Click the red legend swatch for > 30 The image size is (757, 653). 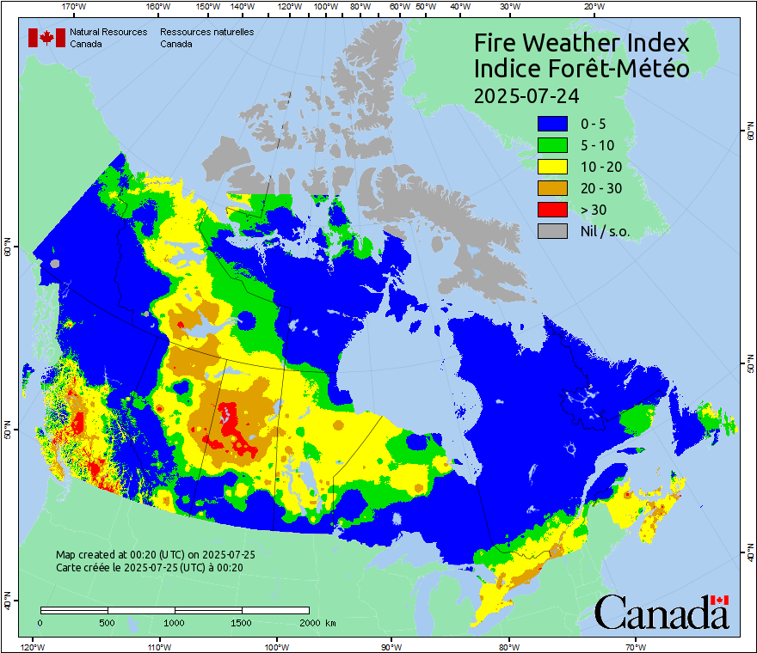[x=552, y=209]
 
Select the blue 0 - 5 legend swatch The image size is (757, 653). [x=552, y=123]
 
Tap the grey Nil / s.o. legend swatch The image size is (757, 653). [x=552, y=230]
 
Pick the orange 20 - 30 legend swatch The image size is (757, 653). [x=552, y=187]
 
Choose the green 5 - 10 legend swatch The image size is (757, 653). [x=552, y=144]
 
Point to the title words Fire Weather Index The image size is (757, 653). [x=582, y=43]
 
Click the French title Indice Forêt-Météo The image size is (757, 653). [x=582, y=69]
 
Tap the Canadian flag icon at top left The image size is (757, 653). [x=46, y=38]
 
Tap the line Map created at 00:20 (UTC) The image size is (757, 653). [x=155, y=555]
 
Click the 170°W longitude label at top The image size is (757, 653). [x=75, y=7]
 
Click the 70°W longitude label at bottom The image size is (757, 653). [x=636, y=646]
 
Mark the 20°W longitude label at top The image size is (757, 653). [x=593, y=7]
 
